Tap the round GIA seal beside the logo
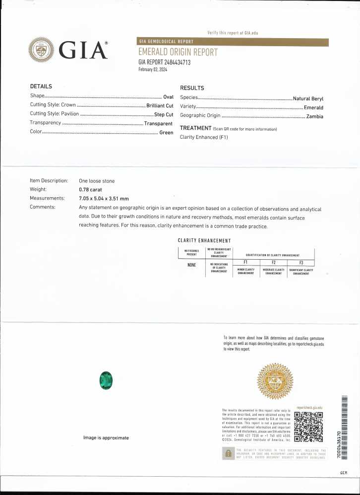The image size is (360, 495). [x=42, y=50]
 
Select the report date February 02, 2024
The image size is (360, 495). [x=153, y=70]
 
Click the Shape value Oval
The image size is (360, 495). [x=168, y=97]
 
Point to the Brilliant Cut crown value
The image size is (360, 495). [x=160, y=106]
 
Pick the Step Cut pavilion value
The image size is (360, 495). [x=163, y=114]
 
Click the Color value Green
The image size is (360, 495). [x=166, y=132]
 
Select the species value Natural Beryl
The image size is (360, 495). [x=308, y=99]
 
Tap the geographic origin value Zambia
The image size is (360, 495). [x=315, y=116]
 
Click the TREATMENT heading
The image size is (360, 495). [x=195, y=128]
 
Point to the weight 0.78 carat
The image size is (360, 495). [x=90, y=189]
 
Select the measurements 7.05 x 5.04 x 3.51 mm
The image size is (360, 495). [x=104, y=198]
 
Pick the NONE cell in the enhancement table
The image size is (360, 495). [x=191, y=265]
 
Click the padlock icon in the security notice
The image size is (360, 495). [x=229, y=453]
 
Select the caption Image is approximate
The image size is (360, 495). [x=106, y=438]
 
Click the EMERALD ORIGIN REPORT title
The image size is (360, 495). [x=178, y=53]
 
